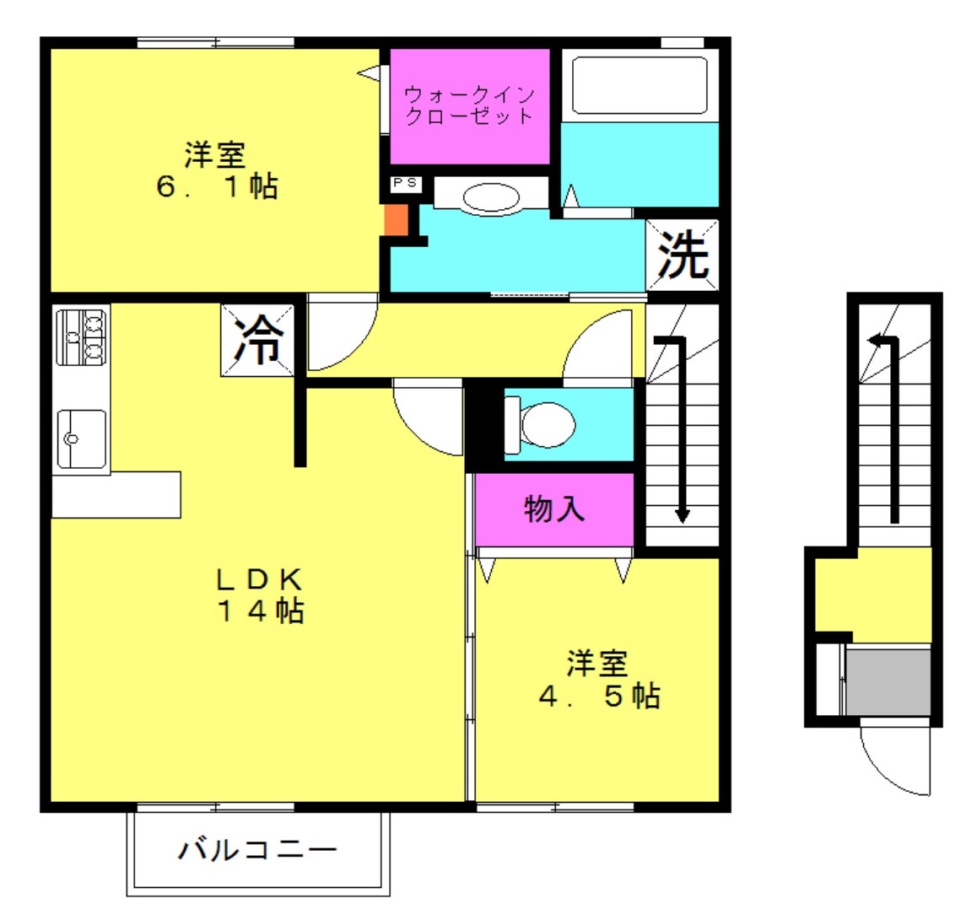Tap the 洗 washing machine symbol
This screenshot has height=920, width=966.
(x=682, y=255)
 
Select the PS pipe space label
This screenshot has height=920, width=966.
(x=405, y=183)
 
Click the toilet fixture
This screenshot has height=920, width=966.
(x=540, y=424)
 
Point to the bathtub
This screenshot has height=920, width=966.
(x=640, y=85)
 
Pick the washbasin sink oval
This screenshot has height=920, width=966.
(x=491, y=198)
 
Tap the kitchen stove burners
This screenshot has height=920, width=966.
(x=81, y=337)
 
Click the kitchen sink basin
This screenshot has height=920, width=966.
(x=81, y=439)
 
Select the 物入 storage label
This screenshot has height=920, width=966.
(x=553, y=509)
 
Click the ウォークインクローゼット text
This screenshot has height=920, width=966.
(x=469, y=105)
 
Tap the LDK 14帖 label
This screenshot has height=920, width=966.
(x=260, y=595)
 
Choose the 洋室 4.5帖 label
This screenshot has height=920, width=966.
(x=600, y=680)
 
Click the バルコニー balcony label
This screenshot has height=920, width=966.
(x=257, y=850)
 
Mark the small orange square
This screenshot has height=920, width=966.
(x=396, y=220)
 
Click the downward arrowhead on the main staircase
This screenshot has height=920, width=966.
(x=682, y=514)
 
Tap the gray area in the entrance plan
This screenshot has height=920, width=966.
(x=888, y=681)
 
